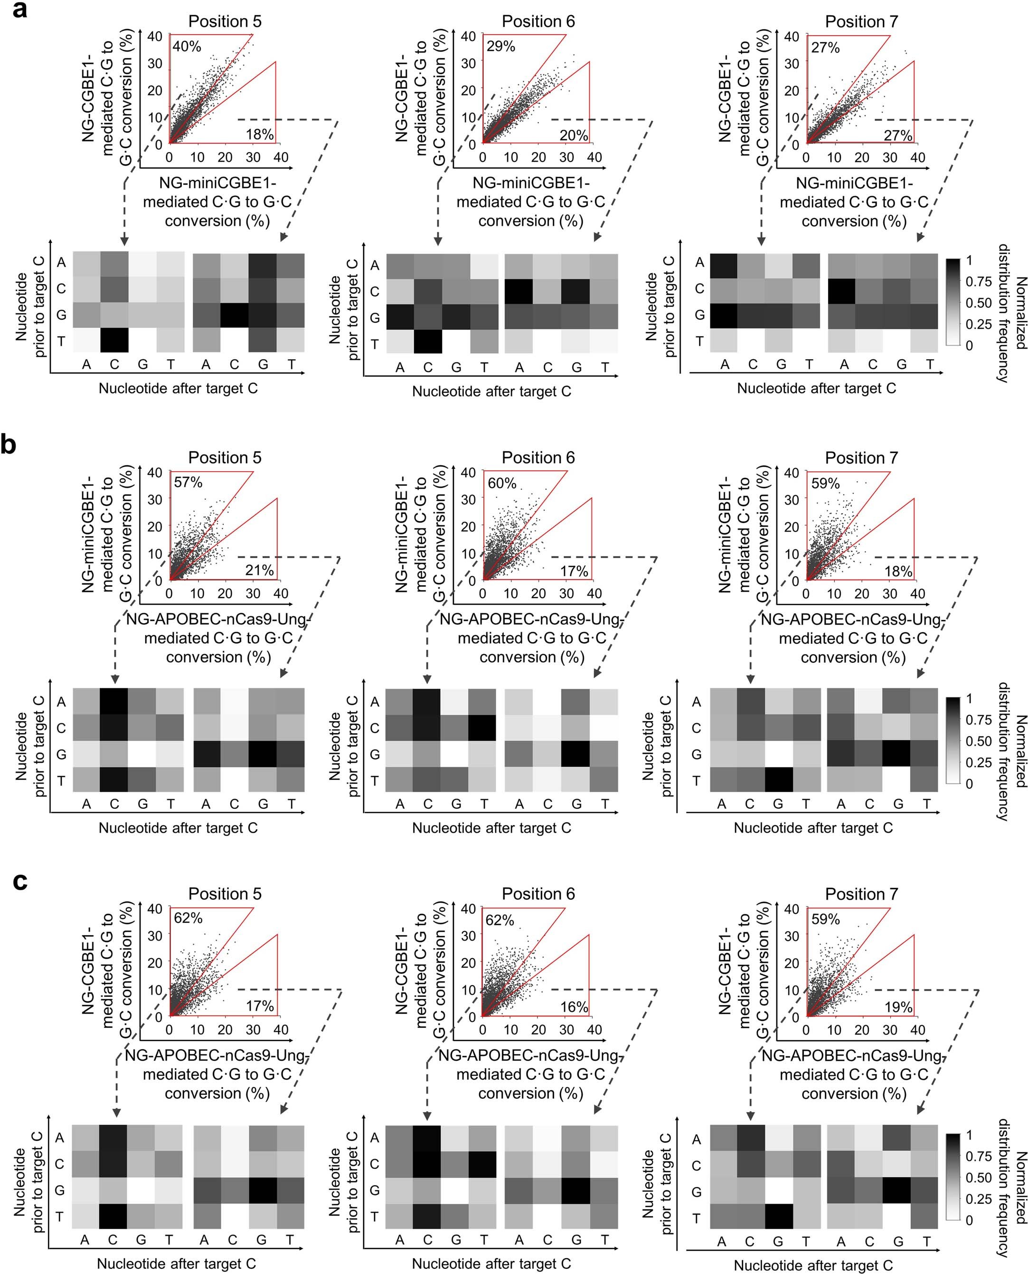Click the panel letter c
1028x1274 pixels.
tap(19, 881)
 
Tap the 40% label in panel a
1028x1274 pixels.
tap(187, 46)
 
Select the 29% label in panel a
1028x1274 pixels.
tap(501, 46)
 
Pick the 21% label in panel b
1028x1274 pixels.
tap(259, 570)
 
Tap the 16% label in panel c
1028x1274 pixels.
tap(574, 1007)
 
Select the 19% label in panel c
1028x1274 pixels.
tap(898, 1007)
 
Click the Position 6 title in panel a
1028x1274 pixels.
tap(538, 21)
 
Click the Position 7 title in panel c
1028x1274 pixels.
tap(862, 894)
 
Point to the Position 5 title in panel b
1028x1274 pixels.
tap(225, 457)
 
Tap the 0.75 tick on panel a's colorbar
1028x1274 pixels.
tap(978, 281)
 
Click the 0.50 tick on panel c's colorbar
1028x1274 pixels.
tap(978, 1177)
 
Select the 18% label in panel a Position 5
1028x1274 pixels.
tap(259, 134)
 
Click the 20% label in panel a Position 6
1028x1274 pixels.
tap(574, 136)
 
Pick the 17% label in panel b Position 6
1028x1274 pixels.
tap(574, 571)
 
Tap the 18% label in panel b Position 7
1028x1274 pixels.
tap(898, 571)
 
